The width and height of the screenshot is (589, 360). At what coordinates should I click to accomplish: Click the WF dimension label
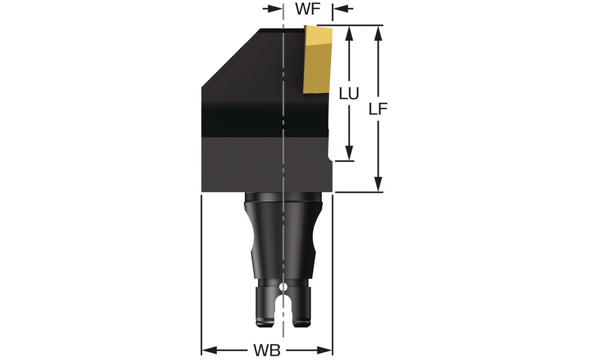point(307,9)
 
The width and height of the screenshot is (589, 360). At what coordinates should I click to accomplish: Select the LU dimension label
point(349,94)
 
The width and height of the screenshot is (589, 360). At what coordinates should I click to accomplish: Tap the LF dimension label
point(378,109)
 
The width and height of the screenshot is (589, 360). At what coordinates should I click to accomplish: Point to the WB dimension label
point(267,351)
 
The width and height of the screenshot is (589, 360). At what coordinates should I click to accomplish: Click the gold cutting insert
point(318,60)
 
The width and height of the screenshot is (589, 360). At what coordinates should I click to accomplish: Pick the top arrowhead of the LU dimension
point(349,34)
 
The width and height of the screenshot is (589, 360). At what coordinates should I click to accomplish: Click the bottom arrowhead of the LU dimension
point(349,153)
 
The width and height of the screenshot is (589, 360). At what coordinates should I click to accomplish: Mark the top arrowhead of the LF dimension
point(378,33)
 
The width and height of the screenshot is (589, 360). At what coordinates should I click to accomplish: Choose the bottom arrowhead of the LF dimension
point(378,184)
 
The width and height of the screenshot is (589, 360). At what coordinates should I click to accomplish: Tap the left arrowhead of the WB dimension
point(209,351)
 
